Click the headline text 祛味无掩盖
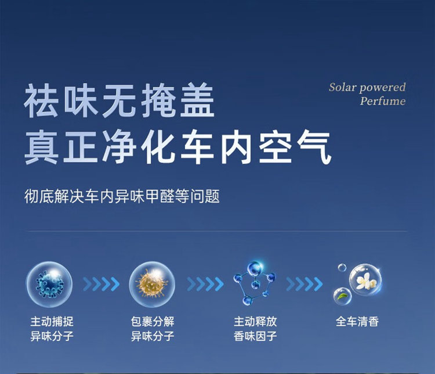coord(119,100)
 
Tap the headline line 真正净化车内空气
coord(178,148)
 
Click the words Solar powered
coord(367,88)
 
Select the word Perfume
coord(383,101)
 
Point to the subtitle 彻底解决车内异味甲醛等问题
coord(122,196)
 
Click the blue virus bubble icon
coord(49,284)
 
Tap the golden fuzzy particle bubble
coord(152,284)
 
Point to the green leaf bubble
coord(343,296)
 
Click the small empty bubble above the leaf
coord(342,268)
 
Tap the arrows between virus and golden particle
coord(101,284)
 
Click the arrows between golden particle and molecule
coord(205,284)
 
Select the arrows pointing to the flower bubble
coord(304,284)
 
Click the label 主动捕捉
coord(52,322)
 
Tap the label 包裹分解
coord(153,322)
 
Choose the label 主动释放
coord(255,322)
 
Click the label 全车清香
coord(357,322)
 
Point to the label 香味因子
coord(255,336)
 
